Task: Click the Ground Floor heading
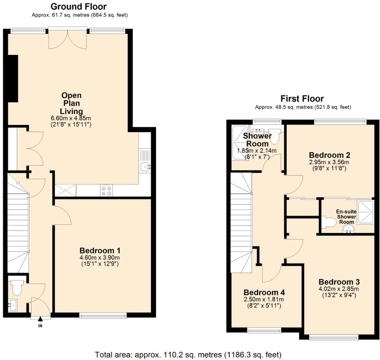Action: pyautogui.click(x=79, y=6)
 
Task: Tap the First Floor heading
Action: pyautogui.click(x=302, y=99)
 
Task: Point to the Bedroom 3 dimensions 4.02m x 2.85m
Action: pyautogui.click(x=339, y=289)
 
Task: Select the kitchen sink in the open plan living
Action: pyautogui.click(x=146, y=166)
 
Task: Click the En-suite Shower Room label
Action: pyautogui.click(x=346, y=217)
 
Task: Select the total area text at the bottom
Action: pyautogui.click(x=188, y=355)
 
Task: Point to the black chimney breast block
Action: pyautogui.click(x=13, y=78)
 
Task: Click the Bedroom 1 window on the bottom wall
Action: pyautogui.click(x=103, y=315)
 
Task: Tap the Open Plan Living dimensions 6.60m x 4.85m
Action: pyautogui.click(x=71, y=118)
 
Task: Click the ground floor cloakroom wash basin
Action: pyautogui.click(x=13, y=305)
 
